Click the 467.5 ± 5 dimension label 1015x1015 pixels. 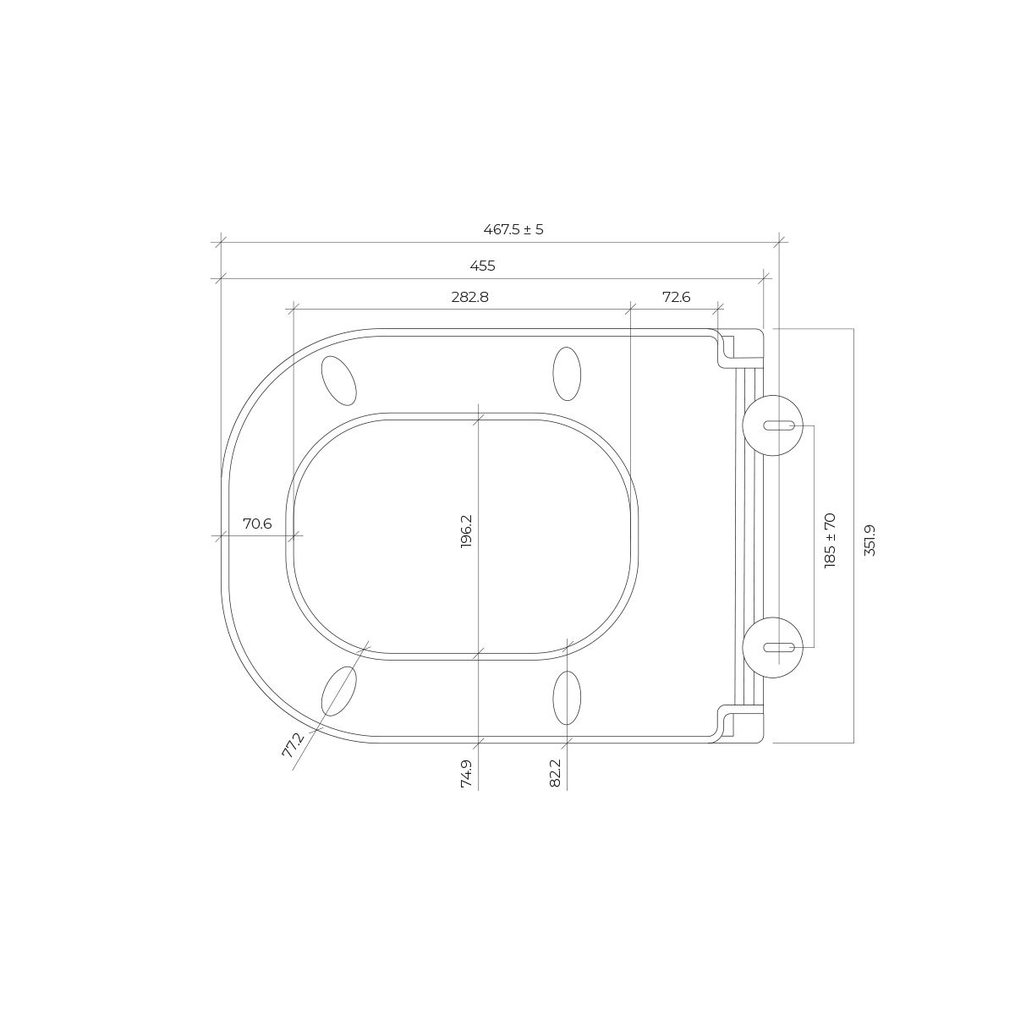tap(513, 230)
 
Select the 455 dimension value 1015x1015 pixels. tap(482, 266)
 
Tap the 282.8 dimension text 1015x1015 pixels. tap(469, 297)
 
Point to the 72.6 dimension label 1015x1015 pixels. tap(677, 297)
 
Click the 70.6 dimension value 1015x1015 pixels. tap(257, 524)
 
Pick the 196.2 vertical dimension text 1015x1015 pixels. tap(467, 531)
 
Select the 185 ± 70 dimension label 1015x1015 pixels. tap(830, 540)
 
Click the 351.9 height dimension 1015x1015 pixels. tap(870, 540)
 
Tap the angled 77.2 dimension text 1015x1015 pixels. tap(293, 745)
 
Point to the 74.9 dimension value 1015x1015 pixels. tap(467, 774)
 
